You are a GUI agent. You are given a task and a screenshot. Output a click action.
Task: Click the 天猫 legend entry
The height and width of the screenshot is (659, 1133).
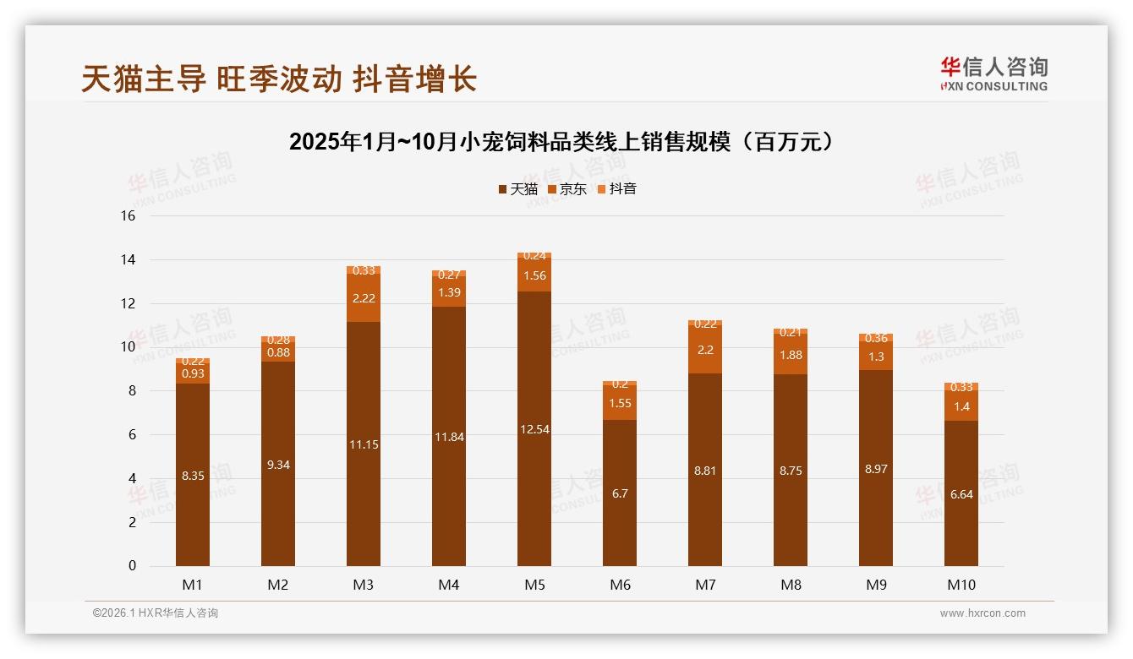pyautogui.click(x=517, y=189)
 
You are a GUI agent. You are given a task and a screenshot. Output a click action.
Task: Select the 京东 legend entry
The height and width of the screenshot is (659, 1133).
pyautogui.click(x=566, y=189)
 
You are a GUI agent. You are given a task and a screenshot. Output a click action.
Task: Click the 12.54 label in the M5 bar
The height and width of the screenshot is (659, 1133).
pyautogui.click(x=534, y=429)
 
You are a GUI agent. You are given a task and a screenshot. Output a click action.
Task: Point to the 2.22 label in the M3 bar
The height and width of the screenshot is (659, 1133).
pyautogui.click(x=364, y=298)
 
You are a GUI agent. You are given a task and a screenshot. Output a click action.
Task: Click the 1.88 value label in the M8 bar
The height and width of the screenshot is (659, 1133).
pyautogui.click(x=791, y=355)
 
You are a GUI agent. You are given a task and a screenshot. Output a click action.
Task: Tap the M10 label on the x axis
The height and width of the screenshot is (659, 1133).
pyautogui.click(x=961, y=585)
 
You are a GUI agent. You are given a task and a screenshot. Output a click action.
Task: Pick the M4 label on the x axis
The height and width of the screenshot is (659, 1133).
pyautogui.click(x=448, y=585)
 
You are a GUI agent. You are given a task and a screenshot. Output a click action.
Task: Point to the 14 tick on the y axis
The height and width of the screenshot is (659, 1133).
pyautogui.click(x=128, y=260)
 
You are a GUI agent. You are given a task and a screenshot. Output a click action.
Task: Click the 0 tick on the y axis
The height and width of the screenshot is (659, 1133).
pyautogui.click(x=132, y=566)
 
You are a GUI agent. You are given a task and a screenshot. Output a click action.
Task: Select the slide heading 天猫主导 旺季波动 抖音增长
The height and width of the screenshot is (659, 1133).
pyautogui.click(x=279, y=79)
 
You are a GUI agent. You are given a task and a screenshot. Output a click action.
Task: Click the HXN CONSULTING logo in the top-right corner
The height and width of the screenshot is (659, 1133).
pyautogui.click(x=993, y=74)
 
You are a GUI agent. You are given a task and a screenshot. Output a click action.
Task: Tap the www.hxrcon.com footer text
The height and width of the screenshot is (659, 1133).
pyautogui.click(x=982, y=613)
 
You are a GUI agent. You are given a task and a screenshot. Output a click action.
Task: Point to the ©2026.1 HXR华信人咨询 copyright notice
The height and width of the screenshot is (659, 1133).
pyautogui.click(x=156, y=613)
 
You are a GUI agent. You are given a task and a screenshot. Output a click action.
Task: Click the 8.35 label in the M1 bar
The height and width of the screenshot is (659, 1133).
pyautogui.click(x=193, y=476)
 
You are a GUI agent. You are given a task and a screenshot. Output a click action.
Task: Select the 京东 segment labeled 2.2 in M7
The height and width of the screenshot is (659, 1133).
pyautogui.click(x=705, y=350)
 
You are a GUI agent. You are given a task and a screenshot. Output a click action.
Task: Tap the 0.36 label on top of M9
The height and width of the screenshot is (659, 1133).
pyautogui.click(x=876, y=339)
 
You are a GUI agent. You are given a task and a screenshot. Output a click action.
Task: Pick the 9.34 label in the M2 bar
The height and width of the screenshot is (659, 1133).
pyautogui.click(x=278, y=465)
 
